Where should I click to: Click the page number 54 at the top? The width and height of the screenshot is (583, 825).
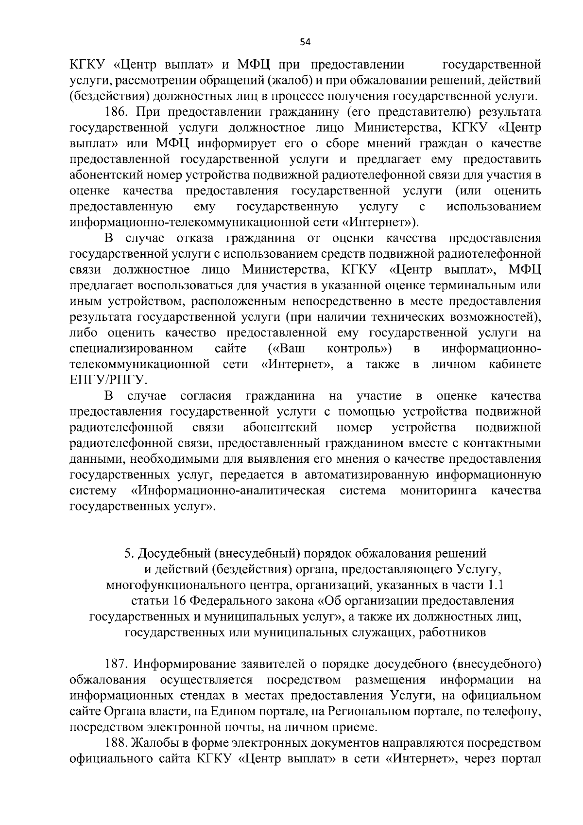tap(305, 42)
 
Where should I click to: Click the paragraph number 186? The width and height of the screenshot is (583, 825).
tap(116, 112)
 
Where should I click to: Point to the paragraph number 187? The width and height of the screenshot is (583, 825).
tap(116, 664)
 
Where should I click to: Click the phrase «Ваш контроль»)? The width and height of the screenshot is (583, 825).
tap(330, 349)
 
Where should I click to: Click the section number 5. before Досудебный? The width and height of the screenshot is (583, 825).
tap(128, 554)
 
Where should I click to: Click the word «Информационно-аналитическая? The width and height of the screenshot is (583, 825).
tap(228, 491)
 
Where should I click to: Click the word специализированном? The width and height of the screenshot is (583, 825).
tap(131, 349)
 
